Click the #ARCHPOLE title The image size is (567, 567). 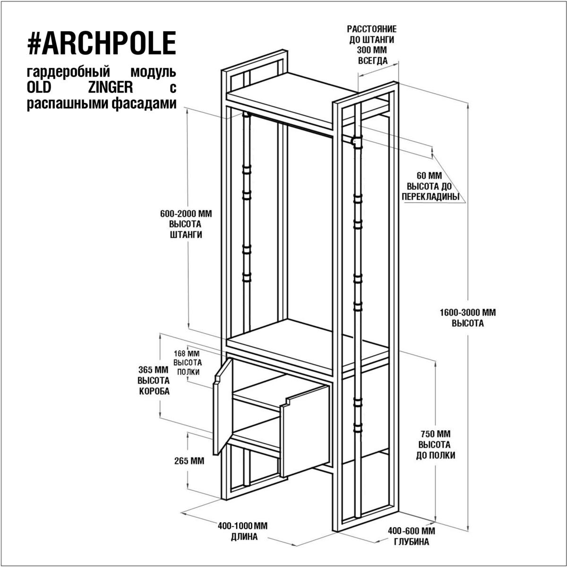click(x=102, y=43)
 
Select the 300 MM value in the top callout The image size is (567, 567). click(x=372, y=50)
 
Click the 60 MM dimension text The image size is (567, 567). click(x=430, y=176)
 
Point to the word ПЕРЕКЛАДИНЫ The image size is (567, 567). click(x=430, y=197)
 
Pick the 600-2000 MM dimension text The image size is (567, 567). click(x=186, y=214)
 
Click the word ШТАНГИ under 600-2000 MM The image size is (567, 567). click(x=186, y=235)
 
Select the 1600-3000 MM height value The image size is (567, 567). click(x=468, y=312)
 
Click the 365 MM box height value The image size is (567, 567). click(x=153, y=369)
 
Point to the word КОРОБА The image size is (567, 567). click(x=154, y=391)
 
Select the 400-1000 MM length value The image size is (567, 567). click(x=243, y=526)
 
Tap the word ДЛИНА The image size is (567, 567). click(x=244, y=537)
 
